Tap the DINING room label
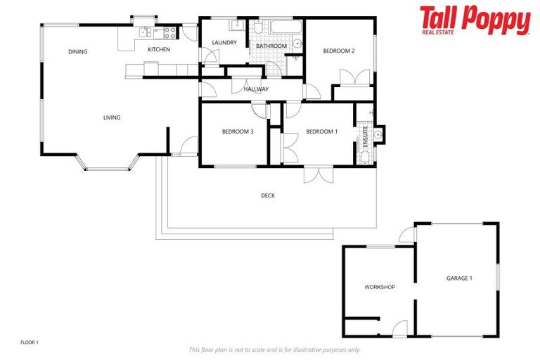pos(77,51)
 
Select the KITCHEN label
pos(158,49)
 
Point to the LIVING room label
pos(111,117)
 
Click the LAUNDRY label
pos(224,43)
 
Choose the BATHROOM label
pos(271,46)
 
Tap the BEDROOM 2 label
pos(338,51)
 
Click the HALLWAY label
pos(256,89)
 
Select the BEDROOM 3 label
pos(237,131)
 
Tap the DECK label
pos(267,195)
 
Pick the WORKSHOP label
pos(379,287)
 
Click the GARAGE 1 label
pos(459,278)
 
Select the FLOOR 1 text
pos(30,342)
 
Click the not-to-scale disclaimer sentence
pos(274,349)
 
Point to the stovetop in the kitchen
pos(169,31)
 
